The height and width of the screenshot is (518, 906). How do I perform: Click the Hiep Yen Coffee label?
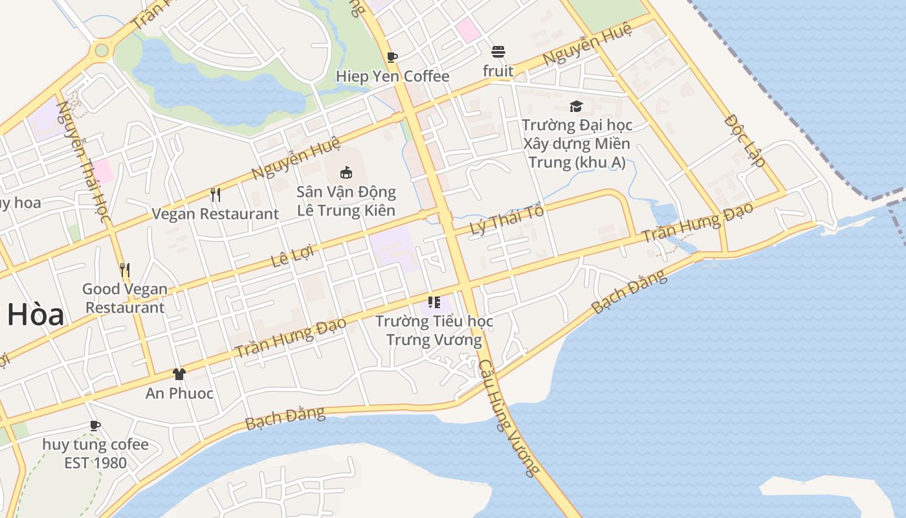392,76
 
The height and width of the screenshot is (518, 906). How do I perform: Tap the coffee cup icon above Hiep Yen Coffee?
392,57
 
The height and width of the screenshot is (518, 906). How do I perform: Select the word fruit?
498,71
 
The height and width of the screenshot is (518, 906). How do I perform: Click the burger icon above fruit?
498,52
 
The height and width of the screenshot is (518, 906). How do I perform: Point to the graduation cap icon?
576,106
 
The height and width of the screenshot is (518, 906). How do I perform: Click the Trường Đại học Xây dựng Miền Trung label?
577,143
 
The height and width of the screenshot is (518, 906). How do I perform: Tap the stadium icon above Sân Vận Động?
346,172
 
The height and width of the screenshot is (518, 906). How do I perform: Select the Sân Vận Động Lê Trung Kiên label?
346,201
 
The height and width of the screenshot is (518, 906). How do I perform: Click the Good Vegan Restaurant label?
125,298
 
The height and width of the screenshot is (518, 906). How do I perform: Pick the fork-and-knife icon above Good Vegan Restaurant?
125,269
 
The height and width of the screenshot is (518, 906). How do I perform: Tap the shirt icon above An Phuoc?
179,374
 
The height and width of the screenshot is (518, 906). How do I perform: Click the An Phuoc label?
179,393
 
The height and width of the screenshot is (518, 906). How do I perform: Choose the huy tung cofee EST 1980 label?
95,453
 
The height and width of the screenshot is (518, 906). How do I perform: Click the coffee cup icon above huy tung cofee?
95,425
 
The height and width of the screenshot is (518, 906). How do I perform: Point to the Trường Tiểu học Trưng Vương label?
434,330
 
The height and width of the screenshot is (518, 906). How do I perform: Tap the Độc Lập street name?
744,141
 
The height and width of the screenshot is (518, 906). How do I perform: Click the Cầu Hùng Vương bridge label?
509,417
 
